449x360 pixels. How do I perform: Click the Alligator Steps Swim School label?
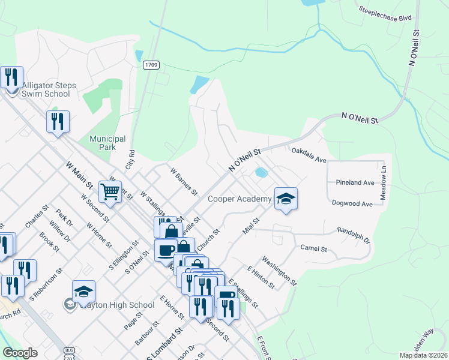coord(49,89)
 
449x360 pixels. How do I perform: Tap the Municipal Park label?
coord(107,142)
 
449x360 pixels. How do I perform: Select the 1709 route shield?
coord(151,65)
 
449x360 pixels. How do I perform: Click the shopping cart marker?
coord(110,192)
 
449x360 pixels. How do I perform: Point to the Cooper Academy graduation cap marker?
coord(286,198)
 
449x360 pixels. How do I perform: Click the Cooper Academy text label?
coord(239,199)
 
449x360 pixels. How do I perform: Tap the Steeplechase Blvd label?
coord(385,14)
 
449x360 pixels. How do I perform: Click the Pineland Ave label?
coord(355,182)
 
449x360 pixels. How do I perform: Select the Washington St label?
coord(279,270)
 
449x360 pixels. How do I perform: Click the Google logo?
coord(20,353)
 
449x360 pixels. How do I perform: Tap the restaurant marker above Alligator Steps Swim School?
coord(12,77)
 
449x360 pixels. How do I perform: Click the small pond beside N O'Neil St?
coord(261,173)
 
